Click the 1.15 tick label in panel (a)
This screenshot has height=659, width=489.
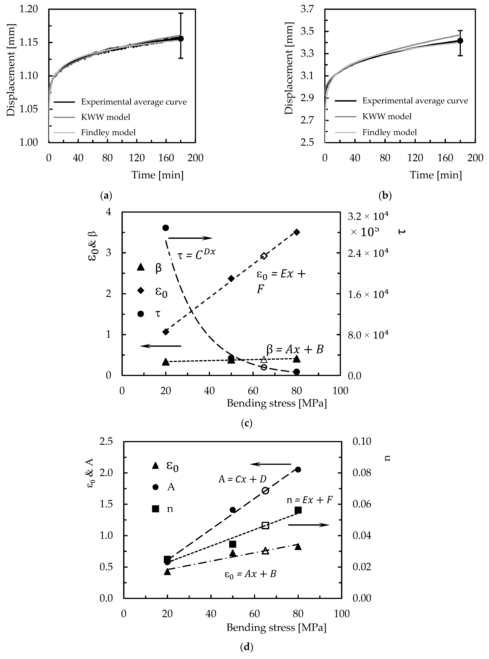click(x=29, y=43)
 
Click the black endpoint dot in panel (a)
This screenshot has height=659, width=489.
click(x=181, y=38)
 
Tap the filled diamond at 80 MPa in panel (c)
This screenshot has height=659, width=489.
click(x=297, y=232)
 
